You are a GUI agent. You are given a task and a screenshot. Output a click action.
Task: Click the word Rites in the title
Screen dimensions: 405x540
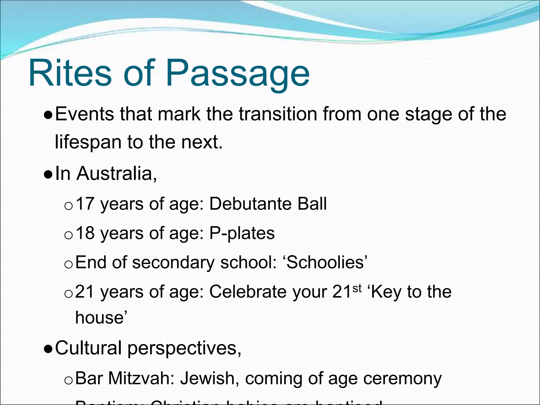[70, 73]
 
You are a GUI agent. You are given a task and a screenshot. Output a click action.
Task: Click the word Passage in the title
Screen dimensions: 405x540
[237, 75]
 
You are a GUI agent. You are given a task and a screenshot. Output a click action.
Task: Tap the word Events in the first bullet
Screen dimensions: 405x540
[84, 114]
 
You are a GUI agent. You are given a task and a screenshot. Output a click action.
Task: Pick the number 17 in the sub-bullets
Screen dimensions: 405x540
[85, 204]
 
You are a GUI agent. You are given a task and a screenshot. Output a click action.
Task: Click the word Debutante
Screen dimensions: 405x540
[250, 204]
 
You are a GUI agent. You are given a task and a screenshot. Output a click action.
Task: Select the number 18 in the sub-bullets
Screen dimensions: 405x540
[85, 233]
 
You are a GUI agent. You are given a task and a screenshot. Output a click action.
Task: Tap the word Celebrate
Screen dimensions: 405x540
[248, 292]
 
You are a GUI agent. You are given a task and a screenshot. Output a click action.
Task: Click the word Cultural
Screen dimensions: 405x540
[88, 348]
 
